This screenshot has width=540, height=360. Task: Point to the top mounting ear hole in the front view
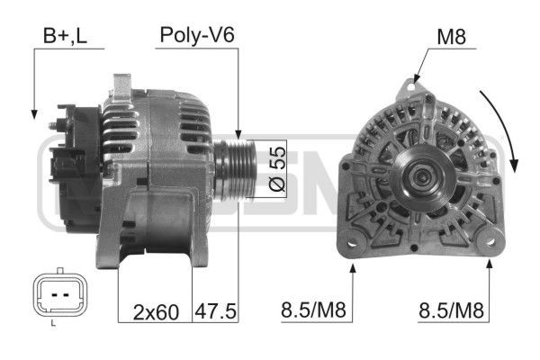(411, 87)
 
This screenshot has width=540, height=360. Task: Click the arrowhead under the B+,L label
(34, 114)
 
